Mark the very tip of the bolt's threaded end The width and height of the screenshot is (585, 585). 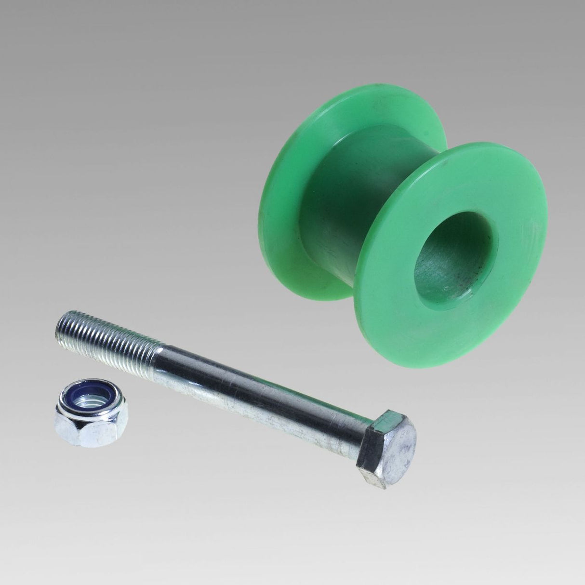(58, 324)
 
